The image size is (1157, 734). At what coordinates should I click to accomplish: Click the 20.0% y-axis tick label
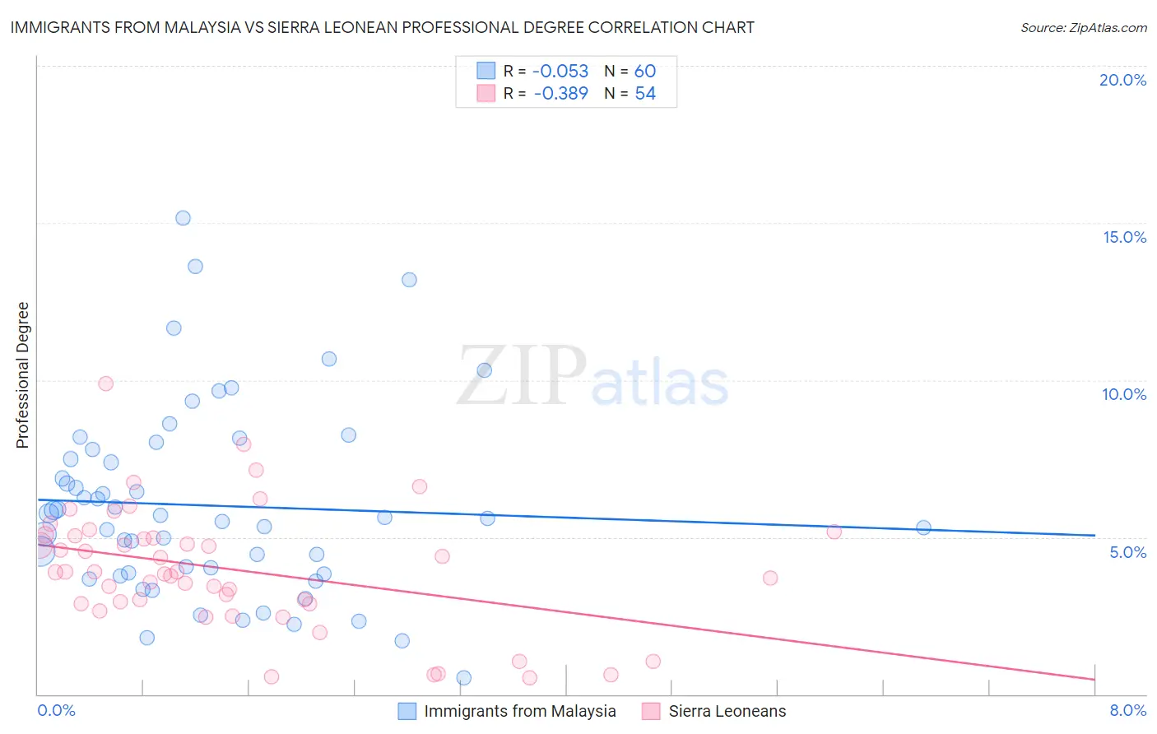click(x=1122, y=80)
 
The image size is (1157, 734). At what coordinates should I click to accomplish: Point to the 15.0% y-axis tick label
click(x=1124, y=237)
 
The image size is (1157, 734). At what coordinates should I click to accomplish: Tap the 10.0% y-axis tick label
click(x=1124, y=394)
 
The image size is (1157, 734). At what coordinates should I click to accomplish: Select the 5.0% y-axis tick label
click(x=1127, y=552)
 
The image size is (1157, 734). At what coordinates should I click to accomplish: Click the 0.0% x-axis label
click(x=56, y=710)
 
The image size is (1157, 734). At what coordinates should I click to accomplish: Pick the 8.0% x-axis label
click(x=1127, y=710)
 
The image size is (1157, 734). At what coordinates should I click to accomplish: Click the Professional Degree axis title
click(x=22, y=375)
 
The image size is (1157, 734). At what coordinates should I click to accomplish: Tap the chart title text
click(x=382, y=27)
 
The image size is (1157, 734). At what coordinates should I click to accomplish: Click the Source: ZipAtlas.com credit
click(x=1083, y=27)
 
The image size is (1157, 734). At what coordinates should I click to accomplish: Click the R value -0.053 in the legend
click(x=560, y=72)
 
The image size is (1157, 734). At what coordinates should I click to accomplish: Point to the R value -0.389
click(x=560, y=94)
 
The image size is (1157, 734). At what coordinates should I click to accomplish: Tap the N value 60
click(x=645, y=72)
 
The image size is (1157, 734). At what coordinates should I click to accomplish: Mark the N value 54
click(x=645, y=94)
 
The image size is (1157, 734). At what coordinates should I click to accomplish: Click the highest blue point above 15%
click(x=183, y=218)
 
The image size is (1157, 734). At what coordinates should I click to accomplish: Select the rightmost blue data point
click(x=923, y=527)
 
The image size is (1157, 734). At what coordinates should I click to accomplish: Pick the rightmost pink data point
click(x=834, y=532)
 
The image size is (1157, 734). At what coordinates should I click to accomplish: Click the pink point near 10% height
click(x=105, y=383)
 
